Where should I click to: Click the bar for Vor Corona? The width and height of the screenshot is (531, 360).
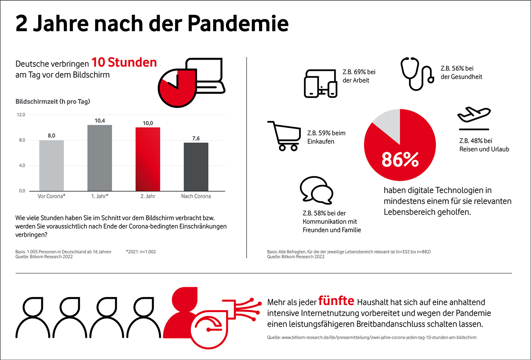coord(51,165)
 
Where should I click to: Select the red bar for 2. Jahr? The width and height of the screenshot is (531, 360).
coord(148,159)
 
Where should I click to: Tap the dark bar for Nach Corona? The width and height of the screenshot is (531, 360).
coord(196,167)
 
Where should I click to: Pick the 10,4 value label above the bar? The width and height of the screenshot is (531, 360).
coord(100,121)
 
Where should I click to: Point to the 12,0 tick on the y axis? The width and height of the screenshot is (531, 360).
coord(21,115)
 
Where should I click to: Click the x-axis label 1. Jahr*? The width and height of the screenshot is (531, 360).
coord(100,196)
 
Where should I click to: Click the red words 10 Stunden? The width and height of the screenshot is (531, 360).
coord(124,63)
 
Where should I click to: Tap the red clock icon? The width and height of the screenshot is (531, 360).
coord(176,88)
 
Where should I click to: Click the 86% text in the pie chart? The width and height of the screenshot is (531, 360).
coord(400,160)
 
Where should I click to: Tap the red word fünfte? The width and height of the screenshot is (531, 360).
coord(336,301)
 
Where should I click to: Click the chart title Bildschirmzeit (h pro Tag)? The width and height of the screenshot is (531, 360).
coord(53,101)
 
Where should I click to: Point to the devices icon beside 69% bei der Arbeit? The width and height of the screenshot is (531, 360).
coord(320,83)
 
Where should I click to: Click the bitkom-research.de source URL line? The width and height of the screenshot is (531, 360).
coord(372,337)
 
